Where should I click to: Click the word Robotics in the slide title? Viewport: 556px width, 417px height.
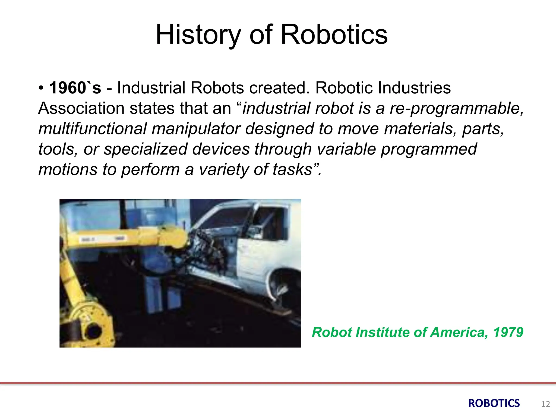(x=334, y=35)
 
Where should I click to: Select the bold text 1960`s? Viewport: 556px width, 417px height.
(x=75, y=88)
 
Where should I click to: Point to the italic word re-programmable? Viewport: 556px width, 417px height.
(x=456, y=109)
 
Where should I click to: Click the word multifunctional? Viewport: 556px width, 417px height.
(x=92, y=129)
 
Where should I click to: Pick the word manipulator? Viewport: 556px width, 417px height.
(x=196, y=129)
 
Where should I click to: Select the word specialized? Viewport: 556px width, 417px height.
(x=146, y=149)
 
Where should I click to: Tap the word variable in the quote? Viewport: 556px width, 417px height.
(x=346, y=149)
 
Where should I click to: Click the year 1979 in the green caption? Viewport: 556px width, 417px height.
(x=508, y=332)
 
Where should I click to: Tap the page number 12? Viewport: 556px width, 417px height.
(x=545, y=404)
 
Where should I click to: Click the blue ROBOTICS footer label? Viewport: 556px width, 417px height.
(x=494, y=403)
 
